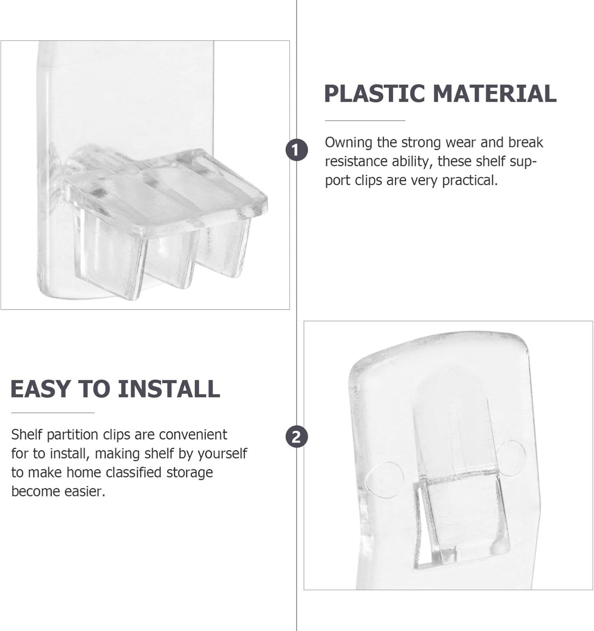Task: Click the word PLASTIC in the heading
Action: pos(375,93)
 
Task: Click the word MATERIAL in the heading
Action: pos(494,93)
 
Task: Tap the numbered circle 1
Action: pos(296,150)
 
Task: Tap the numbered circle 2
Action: pos(296,437)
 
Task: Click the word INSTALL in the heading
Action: pos(169,389)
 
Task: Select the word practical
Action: pos(470,181)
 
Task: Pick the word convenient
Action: pos(193,435)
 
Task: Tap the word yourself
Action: pos(222,454)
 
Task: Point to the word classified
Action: pos(134,472)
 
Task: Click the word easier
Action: pos(85,491)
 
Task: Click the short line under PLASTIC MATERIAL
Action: pos(364,121)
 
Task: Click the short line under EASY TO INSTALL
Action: pos(53,413)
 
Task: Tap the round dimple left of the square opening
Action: pos(385,480)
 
